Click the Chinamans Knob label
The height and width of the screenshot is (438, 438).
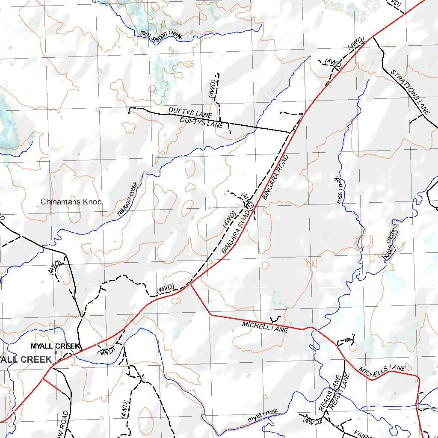coord(71,201)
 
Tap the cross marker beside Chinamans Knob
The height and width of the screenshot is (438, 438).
coord(38,206)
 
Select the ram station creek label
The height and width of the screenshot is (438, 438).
coord(161,35)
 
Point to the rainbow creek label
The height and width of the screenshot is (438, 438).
coord(128,198)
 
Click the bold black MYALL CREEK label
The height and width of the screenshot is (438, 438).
coord(56,346)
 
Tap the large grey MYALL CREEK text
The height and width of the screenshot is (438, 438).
coord(26,359)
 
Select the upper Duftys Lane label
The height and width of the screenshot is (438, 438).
coord(190,112)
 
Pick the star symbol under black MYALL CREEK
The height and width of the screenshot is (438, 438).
coord(56,352)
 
